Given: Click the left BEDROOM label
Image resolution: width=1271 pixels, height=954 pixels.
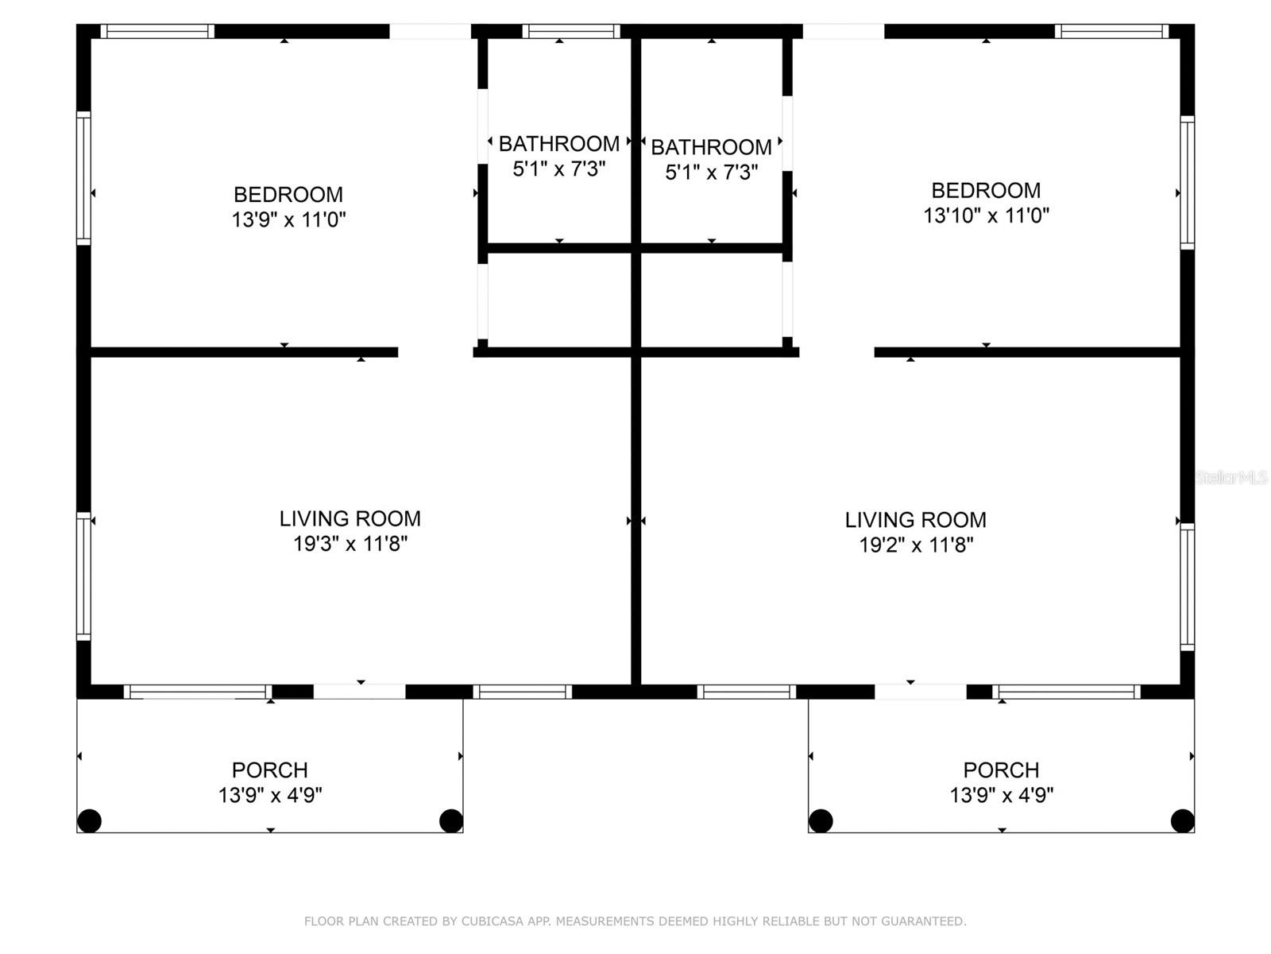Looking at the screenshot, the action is [x=288, y=194].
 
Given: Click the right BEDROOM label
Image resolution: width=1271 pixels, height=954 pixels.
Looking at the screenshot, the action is [x=986, y=190].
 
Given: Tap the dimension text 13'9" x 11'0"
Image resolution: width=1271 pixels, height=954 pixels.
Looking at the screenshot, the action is [x=288, y=219].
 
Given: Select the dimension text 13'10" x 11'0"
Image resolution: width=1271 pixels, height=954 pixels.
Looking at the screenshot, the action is [x=986, y=215].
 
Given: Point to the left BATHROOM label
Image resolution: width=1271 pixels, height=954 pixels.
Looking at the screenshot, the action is [x=558, y=144].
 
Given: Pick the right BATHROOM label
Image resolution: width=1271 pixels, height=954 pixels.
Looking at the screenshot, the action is [x=711, y=147].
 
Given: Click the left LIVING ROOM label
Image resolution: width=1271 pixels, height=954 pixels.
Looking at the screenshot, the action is [x=350, y=518].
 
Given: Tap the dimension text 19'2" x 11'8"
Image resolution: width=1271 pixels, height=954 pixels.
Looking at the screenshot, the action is [x=915, y=545].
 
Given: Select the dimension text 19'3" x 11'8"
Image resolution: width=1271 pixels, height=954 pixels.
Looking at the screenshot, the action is [x=350, y=544].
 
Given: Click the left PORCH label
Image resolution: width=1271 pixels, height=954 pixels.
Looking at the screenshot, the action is [x=270, y=770].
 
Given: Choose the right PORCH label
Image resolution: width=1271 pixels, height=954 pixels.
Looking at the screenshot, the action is [x=1001, y=770].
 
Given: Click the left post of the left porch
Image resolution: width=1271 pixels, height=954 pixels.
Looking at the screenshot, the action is [x=89, y=820].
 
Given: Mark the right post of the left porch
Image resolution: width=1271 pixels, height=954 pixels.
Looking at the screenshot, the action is [x=451, y=820].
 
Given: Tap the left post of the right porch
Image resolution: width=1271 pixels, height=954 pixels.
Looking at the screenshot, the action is [x=821, y=820].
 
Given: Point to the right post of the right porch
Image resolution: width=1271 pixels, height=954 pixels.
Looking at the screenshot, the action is [x=1182, y=820].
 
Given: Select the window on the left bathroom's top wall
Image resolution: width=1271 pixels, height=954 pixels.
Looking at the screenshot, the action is [x=571, y=31].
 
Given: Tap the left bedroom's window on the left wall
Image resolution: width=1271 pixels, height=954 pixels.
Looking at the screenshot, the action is [x=84, y=178].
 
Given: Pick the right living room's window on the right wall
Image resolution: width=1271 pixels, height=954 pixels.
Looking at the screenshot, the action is [x=1187, y=587].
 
